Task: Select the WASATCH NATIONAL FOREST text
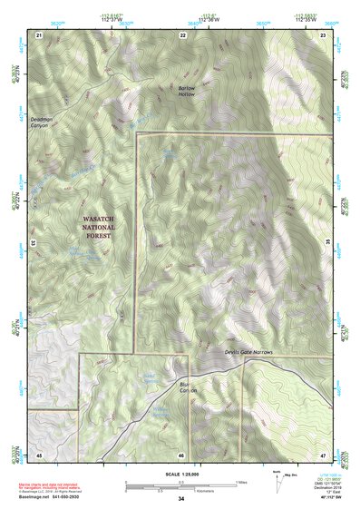(102, 227)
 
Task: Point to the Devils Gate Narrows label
(248, 351)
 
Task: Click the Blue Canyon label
(188, 387)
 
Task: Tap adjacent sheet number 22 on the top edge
(183, 34)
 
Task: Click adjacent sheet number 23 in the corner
(324, 34)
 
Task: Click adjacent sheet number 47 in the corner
(324, 454)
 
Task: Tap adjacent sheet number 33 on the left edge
(34, 243)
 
